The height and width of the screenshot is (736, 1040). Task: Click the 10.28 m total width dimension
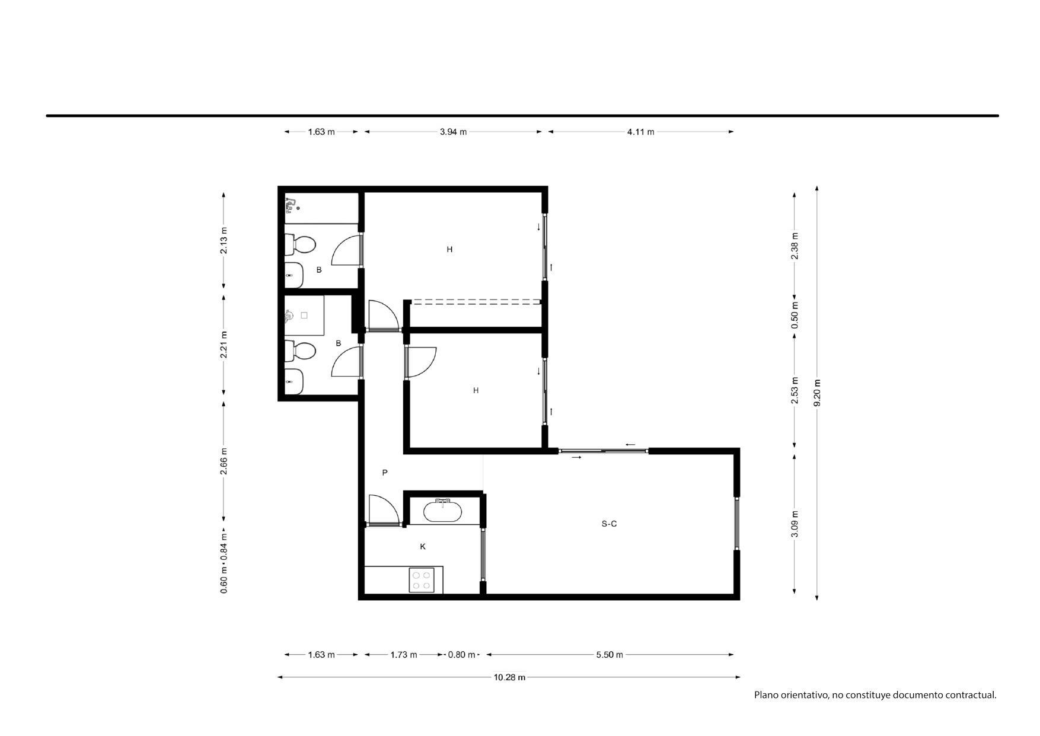click(509, 677)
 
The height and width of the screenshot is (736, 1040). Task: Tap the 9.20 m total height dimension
click(818, 393)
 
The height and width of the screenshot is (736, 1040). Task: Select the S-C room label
click(609, 524)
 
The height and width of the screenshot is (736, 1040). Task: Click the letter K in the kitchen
click(423, 547)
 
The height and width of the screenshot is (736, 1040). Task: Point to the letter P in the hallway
click(385, 473)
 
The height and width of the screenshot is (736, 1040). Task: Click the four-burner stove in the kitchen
click(422, 580)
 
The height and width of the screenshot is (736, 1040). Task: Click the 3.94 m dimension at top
click(453, 132)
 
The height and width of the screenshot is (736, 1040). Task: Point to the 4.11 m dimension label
click(640, 132)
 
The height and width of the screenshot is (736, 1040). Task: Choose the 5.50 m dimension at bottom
click(610, 655)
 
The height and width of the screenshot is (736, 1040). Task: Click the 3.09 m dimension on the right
click(795, 524)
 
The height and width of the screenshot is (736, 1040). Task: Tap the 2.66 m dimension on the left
click(224, 461)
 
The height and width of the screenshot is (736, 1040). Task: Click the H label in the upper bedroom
click(449, 250)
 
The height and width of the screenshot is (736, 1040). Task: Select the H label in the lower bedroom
click(476, 391)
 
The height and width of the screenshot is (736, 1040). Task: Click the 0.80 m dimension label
click(462, 655)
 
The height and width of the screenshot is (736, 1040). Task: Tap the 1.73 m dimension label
click(404, 655)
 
